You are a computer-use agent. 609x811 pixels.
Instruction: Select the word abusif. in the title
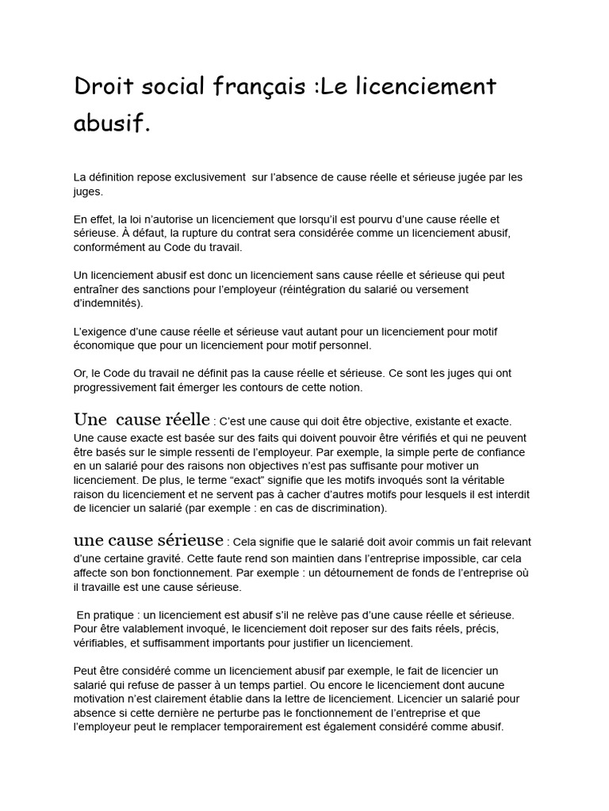tap(112, 124)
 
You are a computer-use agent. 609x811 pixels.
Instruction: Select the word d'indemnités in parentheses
tap(106, 303)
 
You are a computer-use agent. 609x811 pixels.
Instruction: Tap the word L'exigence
tap(100, 332)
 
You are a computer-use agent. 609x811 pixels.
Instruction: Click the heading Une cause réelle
tap(142, 420)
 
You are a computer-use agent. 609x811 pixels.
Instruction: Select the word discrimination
tap(345, 508)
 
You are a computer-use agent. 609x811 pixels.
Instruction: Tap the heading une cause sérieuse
tap(148, 541)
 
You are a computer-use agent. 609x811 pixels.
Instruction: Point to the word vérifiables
tap(101, 643)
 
